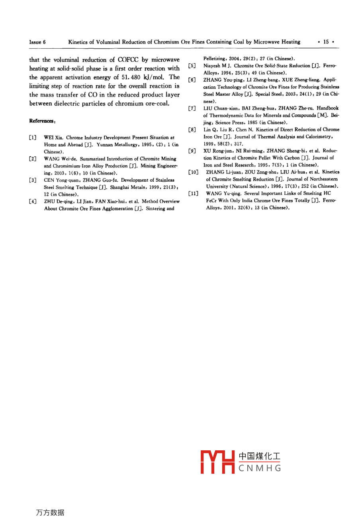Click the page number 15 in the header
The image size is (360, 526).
[326, 42]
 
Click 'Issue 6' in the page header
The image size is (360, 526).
[37, 42]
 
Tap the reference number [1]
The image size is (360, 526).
[33, 137]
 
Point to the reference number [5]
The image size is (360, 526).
[192, 66]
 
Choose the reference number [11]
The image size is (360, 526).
[193, 193]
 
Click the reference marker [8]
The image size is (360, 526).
[192, 130]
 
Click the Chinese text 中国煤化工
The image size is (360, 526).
[260, 456]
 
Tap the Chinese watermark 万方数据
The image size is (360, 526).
[50, 513]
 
